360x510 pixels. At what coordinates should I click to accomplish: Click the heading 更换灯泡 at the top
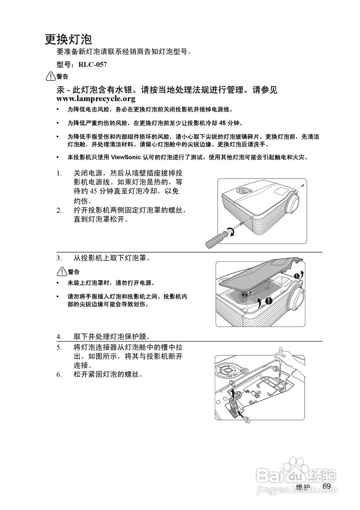click(68, 39)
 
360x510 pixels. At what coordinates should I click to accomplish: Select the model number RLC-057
click(92, 65)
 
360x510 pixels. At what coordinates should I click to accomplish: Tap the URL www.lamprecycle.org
click(96, 98)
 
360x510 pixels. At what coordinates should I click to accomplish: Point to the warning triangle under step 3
click(62, 272)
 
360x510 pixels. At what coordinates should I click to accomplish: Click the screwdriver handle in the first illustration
click(214, 239)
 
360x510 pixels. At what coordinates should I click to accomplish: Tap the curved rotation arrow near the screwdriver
click(230, 231)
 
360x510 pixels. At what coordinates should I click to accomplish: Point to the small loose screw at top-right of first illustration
click(303, 186)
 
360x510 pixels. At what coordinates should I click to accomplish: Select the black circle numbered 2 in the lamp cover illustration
click(244, 294)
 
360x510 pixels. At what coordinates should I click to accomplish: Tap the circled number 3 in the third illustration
click(275, 369)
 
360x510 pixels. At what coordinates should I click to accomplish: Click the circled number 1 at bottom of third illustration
click(247, 420)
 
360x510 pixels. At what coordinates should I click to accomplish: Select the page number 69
click(327, 486)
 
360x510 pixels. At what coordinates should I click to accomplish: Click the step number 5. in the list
click(59, 347)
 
